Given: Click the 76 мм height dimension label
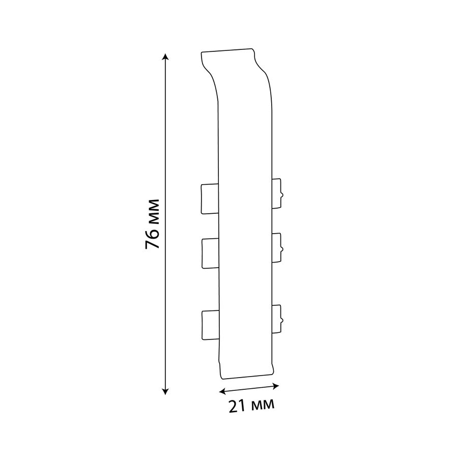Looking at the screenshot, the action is tap(152, 224).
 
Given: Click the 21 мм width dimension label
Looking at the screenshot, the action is tap(251, 406).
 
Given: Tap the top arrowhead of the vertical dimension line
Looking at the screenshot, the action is tap(165, 56).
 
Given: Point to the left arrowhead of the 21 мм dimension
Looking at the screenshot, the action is tap(222, 391).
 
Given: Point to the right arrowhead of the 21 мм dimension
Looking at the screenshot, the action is tap(275, 386).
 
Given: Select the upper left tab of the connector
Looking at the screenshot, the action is tap(210, 198).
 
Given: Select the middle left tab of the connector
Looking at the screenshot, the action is tap(210, 253).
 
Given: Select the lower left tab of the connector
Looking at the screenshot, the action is tap(210, 325).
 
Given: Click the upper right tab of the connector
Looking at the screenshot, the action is tap(277, 193).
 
